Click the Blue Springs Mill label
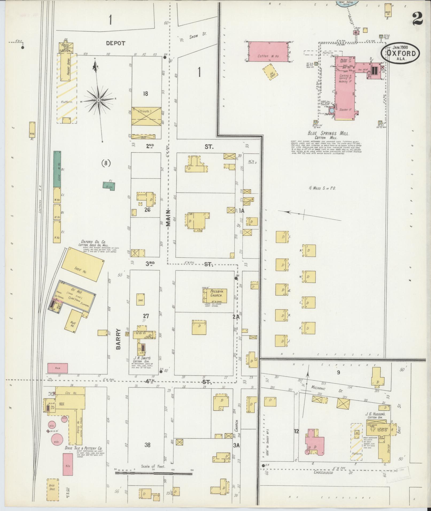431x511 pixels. [x=332, y=133]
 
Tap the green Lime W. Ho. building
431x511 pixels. [x=57, y=169]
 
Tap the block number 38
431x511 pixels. [x=147, y=445]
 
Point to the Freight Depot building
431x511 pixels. [x=67, y=66]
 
